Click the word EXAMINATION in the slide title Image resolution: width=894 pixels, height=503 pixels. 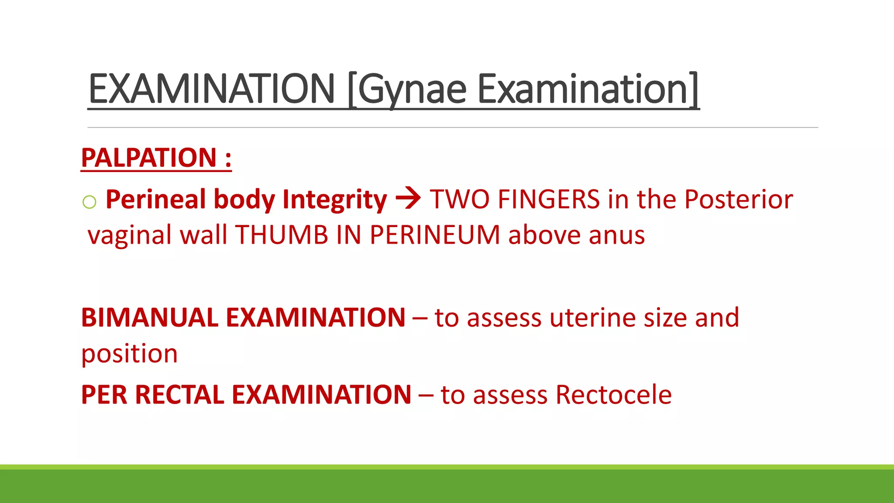click(x=211, y=89)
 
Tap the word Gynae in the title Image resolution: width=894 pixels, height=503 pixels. click(x=412, y=90)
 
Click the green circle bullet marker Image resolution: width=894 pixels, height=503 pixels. click(x=89, y=202)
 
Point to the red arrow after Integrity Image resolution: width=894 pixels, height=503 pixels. click(x=408, y=199)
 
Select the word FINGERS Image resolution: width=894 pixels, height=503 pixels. click(x=549, y=200)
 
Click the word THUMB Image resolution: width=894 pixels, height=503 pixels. click(x=282, y=235)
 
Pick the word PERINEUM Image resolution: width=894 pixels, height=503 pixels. click(x=435, y=235)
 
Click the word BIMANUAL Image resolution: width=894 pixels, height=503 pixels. click(x=149, y=317)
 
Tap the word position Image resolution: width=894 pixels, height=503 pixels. click(x=130, y=354)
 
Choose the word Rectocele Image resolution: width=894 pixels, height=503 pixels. click(x=613, y=395)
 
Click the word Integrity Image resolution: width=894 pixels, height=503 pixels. click(x=334, y=200)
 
